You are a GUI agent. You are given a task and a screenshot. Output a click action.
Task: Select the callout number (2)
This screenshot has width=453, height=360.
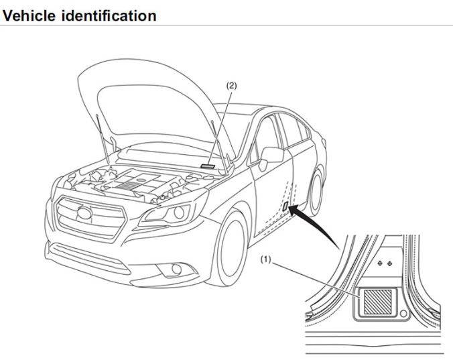231,85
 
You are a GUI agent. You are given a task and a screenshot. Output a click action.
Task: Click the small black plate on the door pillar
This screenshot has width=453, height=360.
287,206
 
